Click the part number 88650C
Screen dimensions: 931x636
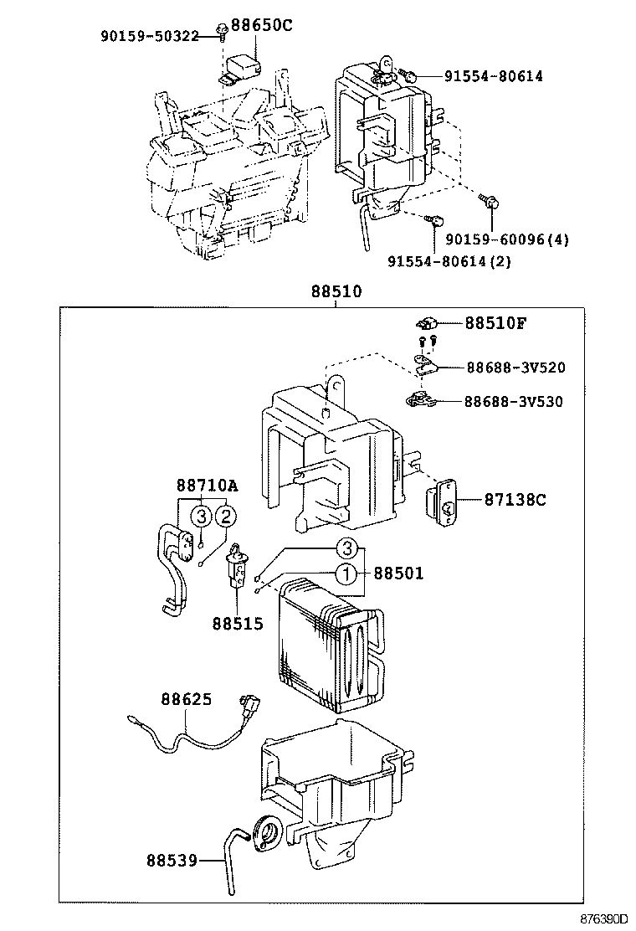tap(262, 25)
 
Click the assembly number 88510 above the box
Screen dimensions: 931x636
tap(336, 292)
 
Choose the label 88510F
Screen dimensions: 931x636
tap(495, 323)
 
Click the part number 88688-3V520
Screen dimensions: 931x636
tap(515, 367)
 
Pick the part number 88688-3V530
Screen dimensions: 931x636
tap(515, 401)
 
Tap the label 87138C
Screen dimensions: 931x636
tap(515, 500)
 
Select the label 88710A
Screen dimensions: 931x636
tap(207, 486)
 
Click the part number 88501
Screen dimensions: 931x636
tap(398, 574)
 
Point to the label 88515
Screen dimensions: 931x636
tap(237, 624)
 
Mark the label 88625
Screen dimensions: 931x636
tap(187, 698)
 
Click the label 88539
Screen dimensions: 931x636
tap(172, 860)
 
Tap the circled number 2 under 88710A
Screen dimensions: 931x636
tap(225, 517)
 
